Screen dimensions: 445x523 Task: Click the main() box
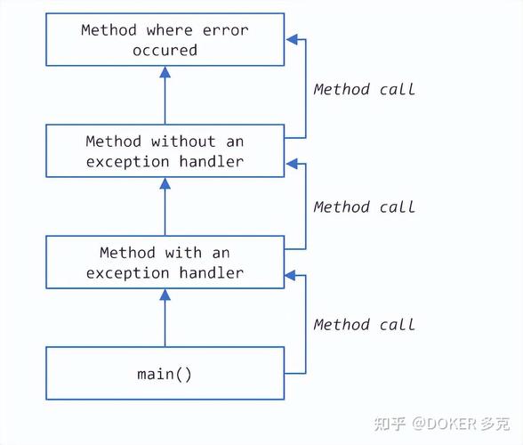click(x=165, y=374)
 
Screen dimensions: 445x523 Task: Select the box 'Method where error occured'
click(x=165, y=40)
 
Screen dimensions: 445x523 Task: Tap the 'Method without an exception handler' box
click(x=165, y=151)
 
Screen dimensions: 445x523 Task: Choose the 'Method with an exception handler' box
click(x=165, y=263)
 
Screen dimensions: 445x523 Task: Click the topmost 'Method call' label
click(x=365, y=89)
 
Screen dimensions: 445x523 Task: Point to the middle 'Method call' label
click(x=365, y=206)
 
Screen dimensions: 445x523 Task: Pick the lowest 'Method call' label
click(x=365, y=324)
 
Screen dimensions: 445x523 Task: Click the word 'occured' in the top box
click(x=165, y=51)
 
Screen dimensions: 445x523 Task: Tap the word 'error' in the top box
click(x=226, y=30)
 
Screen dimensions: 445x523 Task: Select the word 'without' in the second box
click(x=183, y=142)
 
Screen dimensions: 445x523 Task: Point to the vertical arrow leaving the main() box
click(x=165, y=320)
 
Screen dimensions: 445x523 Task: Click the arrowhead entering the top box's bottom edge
click(x=165, y=72)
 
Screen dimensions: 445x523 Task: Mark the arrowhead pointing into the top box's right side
click(x=290, y=40)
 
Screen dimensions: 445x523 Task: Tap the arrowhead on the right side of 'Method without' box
click(x=290, y=165)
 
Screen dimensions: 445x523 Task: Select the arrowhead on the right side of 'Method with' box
click(x=290, y=277)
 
